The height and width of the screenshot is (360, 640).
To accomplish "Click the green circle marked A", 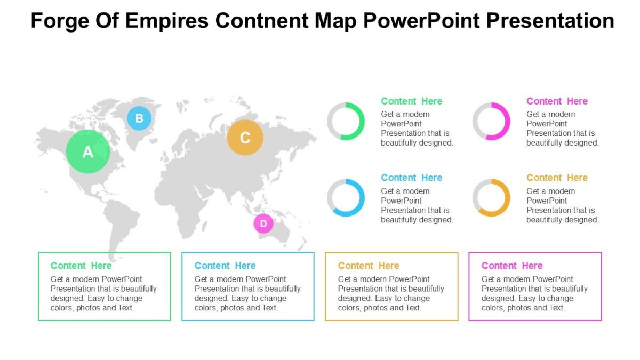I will pyautogui.click(x=88, y=152).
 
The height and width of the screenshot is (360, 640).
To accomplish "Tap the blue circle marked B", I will pyautogui.click(x=139, y=118).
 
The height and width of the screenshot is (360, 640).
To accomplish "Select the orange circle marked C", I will pyautogui.click(x=245, y=138).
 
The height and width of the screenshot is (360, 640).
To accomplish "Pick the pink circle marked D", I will pyautogui.click(x=263, y=223).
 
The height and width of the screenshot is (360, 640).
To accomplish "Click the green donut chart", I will pyautogui.click(x=346, y=122).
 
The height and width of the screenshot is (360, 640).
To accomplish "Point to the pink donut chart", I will pyautogui.click(x=491, y=122).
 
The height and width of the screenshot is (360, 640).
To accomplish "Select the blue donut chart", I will pyautogui.click(x=346, y=198).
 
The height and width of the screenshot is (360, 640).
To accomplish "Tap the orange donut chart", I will pyautogui.click(x=491, y=198).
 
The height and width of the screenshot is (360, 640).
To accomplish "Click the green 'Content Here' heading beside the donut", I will pyautogui.click(x=411, y=101).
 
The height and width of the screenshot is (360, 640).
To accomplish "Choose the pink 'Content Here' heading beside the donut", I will pyautogui.click(x=557, y=101).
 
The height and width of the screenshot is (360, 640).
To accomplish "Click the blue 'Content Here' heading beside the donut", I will pyautogui.click(x=411, y=178).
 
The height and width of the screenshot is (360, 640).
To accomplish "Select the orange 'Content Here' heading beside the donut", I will pyautogui.click(x=557, y=178).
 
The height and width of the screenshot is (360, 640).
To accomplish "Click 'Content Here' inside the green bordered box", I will pyautogui.click(x=81, y=266).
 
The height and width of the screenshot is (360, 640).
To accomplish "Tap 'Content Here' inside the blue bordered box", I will pyautogui.click(x=225, y=266).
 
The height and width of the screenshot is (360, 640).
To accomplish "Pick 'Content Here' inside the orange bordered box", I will pyautogui.click(x=369, y=266).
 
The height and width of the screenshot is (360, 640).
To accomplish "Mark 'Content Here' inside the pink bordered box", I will pyautogui.click(x=512, y=266).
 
